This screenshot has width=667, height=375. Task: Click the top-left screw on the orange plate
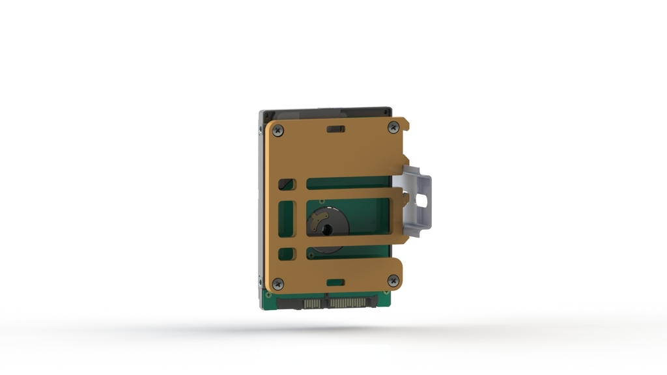(x=278, y=130)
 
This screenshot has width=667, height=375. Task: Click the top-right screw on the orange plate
(x=393, y=128)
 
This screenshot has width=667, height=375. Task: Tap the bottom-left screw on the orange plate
(x=278, y=284)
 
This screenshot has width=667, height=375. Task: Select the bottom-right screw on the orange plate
(x=393, y=281)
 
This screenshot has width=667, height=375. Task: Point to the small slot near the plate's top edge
(x=335, y=129)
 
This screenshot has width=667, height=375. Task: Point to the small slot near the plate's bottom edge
(x=335, y=283)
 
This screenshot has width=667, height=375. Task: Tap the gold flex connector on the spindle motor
(x=317, y=220)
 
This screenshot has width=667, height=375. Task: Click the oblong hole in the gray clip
(x=421, y=202)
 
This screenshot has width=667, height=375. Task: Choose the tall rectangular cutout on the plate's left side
(x=287, y=219)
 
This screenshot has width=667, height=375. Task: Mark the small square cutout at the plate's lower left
(x=287, y=253)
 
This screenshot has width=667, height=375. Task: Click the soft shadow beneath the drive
(x=326, y=329)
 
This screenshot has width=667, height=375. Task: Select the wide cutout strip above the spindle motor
(x=349, y=183)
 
